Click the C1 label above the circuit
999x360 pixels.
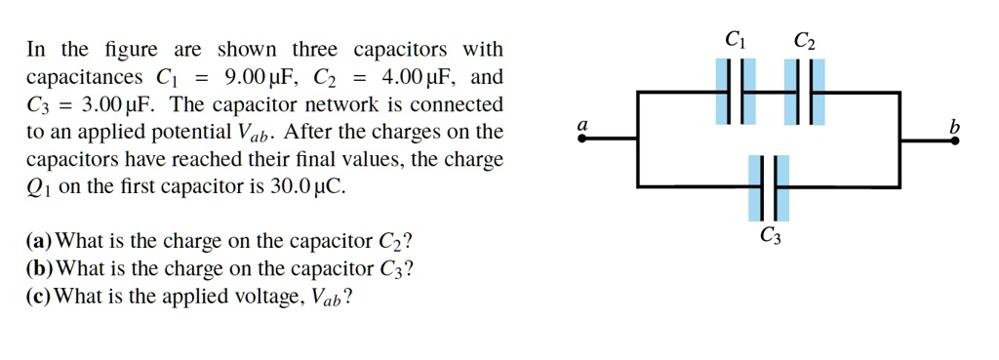(735, 41)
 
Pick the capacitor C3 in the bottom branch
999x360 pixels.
(770, 186)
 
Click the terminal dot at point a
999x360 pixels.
(582, 139)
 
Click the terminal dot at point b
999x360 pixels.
(956, 139)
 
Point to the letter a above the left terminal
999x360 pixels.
(582, 125)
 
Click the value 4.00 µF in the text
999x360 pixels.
(417, 77)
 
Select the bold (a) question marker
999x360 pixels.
(42, 241)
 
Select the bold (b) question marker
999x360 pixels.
(42, 268)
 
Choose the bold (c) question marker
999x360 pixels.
(41, 296)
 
